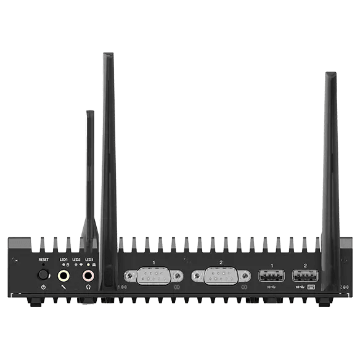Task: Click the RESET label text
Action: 43,260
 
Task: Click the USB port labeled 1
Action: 271,276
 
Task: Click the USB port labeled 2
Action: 305,276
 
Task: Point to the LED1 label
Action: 63,260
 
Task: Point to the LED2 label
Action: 76,260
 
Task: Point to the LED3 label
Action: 89,260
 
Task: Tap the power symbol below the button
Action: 43,287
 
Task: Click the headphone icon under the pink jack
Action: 89,287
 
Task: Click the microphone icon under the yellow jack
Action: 63,287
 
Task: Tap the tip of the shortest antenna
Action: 90,113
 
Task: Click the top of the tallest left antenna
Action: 108,55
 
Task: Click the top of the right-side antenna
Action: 330,75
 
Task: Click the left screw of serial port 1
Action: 129,276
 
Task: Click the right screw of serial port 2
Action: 245,276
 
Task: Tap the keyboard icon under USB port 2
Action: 311,287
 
